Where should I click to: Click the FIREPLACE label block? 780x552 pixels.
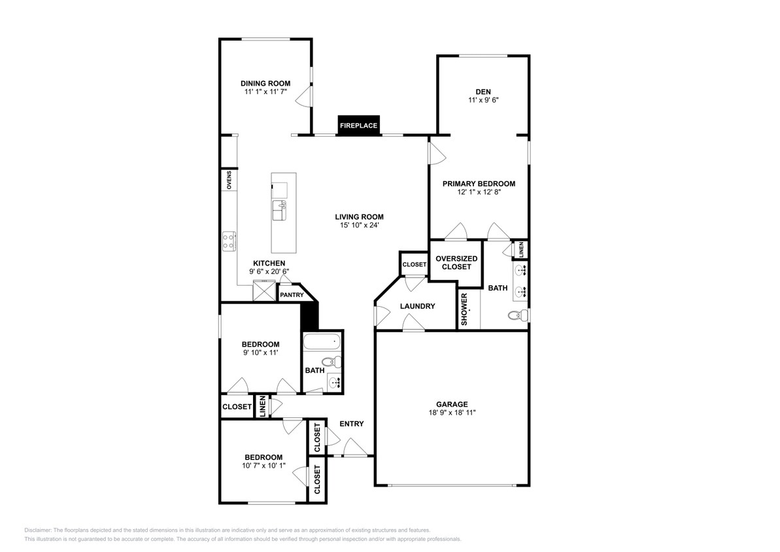pyautogui.click(x=358, y=125)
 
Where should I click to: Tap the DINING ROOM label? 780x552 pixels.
pyautogui.click(x=265, y=83)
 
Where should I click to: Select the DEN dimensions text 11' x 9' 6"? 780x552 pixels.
pyautogui.click(x=483, y=101)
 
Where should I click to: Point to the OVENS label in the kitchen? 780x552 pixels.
pyautogui.click(x=229, y=180)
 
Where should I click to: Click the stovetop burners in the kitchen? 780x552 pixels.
pyautogui.click(x=229, y=241)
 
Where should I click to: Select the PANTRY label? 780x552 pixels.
pyautogui.click(x=291, y=295)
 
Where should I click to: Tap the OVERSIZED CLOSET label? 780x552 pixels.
pyautogui.click(x=456, y=262)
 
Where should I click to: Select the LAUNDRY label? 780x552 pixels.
pyautogui.click(x=418, y=306)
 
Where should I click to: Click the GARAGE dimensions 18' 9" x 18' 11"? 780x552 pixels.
pyautogui.click(x=452, y=413)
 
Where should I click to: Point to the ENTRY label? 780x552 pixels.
pyautogui.click(x=351, y=424)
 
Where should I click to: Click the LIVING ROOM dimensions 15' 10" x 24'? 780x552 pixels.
pyautogui.click(x=359, y=226)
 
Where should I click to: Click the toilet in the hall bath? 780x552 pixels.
pyautogui.click(x=329, y=362)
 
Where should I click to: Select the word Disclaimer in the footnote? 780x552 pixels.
pyautogui.click(x=38, y=530)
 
